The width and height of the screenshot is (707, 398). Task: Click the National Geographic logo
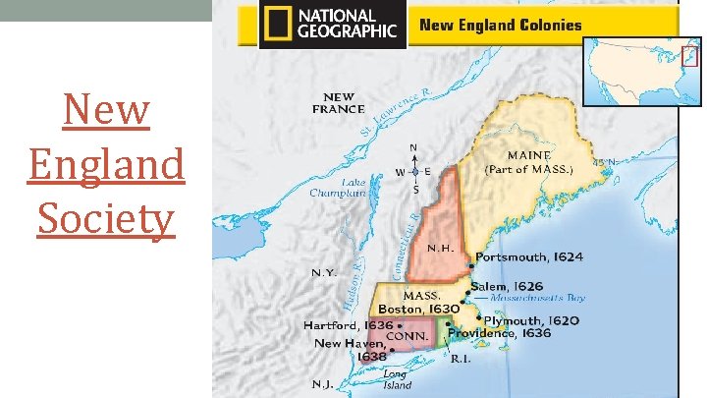(332, 24)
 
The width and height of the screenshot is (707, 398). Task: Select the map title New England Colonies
(501, 26)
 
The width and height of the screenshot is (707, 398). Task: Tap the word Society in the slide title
(106, 218)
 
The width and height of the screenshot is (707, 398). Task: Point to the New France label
(338, 102)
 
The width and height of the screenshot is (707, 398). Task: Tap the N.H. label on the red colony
(438, 248)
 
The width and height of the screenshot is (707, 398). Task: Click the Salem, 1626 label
(508, 286)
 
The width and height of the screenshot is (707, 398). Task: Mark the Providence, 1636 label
(499, 333)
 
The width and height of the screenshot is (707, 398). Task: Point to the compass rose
(414, 171)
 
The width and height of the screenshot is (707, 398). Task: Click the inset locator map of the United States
(642, 72)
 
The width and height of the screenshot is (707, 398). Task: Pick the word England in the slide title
(106, 164)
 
